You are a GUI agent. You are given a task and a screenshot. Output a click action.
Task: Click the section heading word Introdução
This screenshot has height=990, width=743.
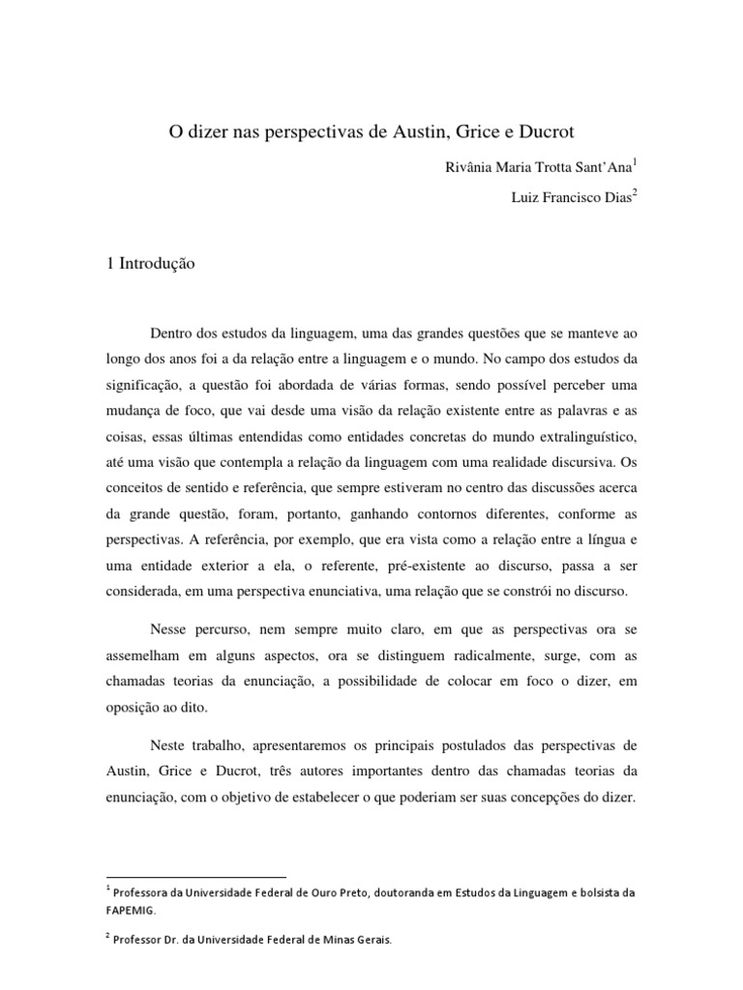(x=160, y=262)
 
